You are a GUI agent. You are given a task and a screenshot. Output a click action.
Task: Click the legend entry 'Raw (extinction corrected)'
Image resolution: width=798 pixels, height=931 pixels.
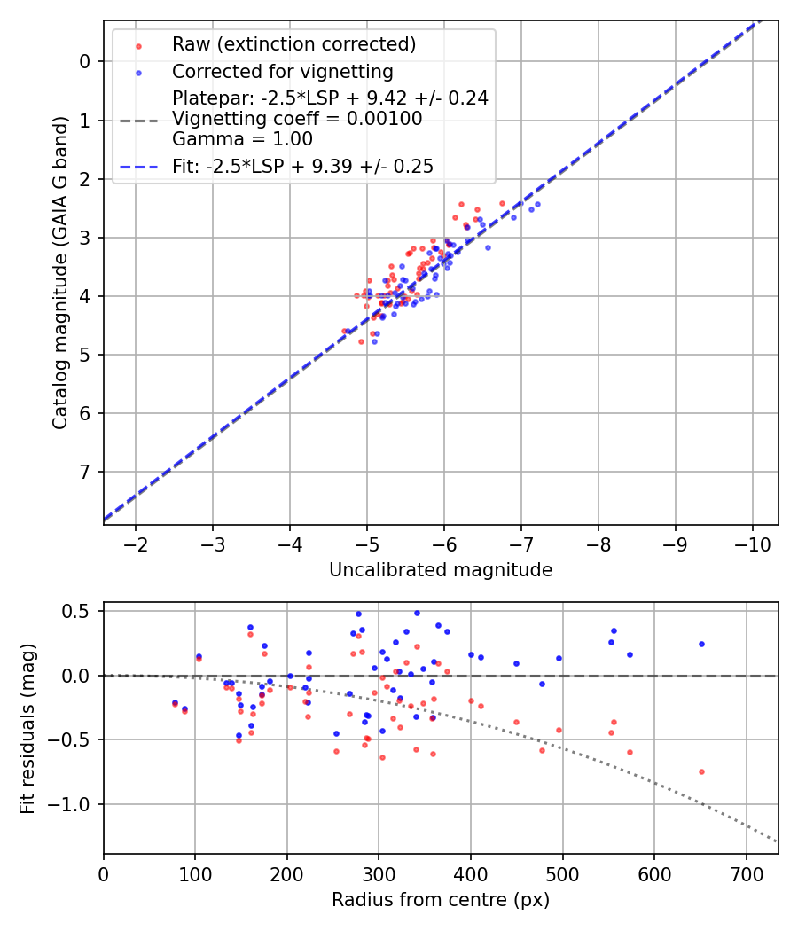[293, 44]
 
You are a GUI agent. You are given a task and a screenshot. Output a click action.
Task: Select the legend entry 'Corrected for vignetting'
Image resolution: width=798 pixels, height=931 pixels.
[283, 71]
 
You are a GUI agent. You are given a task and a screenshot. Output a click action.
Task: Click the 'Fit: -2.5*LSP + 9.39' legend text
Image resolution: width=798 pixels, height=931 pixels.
[302, 166]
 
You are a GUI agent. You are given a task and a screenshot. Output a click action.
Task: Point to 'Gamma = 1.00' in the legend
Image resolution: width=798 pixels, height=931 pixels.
[242, 138]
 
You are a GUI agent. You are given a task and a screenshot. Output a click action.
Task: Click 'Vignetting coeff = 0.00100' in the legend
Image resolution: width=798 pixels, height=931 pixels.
[297, 118]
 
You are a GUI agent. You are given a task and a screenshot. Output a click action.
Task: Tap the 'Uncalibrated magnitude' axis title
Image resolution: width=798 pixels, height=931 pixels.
[441, 570]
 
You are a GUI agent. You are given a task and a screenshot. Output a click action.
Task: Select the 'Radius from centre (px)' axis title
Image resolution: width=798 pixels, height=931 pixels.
[441, 900]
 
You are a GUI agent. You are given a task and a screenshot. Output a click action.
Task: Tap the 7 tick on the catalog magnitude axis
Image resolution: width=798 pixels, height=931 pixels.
[85, 472]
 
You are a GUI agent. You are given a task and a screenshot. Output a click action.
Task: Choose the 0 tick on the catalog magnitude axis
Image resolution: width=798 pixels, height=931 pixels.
[85, 61]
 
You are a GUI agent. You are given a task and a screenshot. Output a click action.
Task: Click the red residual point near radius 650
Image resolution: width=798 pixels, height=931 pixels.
[701, 771]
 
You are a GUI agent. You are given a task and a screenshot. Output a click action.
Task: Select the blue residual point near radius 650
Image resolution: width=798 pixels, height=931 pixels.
[701, 644]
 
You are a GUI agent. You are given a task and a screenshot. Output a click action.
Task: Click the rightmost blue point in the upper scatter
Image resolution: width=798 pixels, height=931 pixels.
[537, 204]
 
